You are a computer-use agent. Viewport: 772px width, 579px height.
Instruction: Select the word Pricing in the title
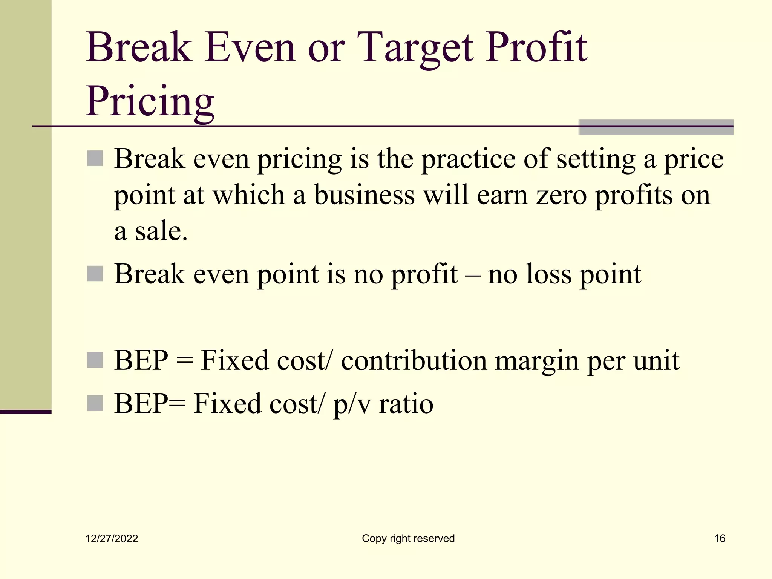pos(150,101)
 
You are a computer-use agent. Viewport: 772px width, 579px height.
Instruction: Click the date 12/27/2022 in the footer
pos(112,538)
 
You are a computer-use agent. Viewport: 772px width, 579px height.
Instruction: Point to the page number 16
pos(720,538)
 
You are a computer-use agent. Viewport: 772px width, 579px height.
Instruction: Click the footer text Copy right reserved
pos(408,538)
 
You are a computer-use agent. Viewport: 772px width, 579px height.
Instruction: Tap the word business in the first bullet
pos(364,195)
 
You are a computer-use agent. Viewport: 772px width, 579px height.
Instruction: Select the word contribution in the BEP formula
pos(414,361)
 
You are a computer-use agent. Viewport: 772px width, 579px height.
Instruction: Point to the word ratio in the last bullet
pos(406,404)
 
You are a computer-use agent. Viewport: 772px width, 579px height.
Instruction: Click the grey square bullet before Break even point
pos(95,274)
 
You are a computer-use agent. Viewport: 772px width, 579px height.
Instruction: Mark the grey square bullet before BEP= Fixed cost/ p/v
pos(95,403)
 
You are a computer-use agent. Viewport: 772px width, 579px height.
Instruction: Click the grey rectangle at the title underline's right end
pos(656,127)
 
